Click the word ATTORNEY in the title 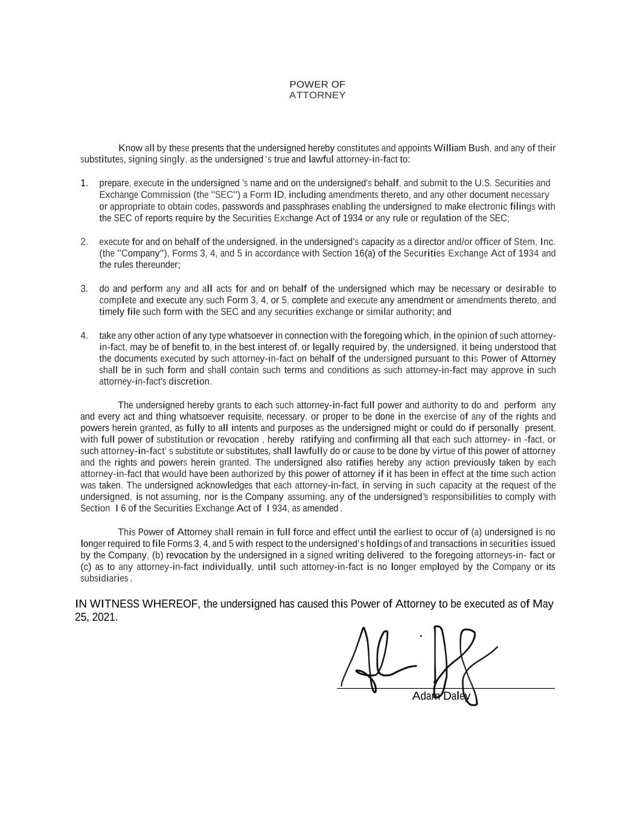point(317,95)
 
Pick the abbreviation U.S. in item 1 point(485,183)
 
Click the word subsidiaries point(104,578)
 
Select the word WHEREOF point(164,604)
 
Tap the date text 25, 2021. point(95,618)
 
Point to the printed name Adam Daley point(441,697)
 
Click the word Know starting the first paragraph point(130,148)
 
